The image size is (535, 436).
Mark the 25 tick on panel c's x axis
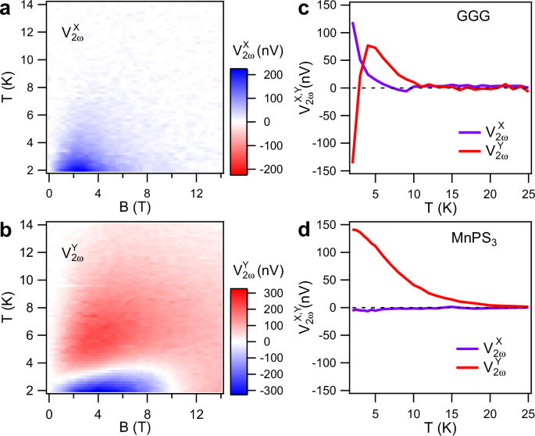(528, 191)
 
